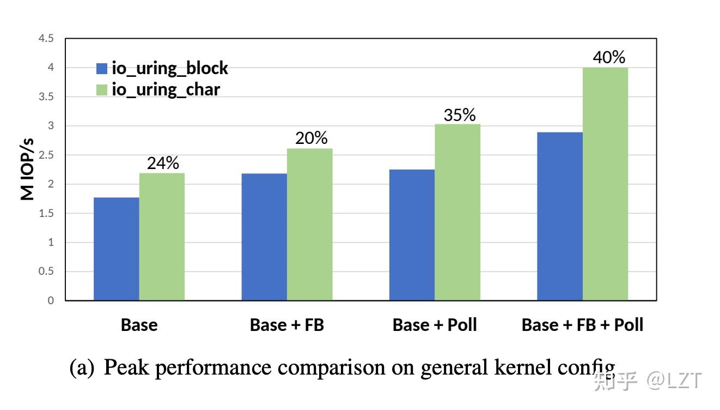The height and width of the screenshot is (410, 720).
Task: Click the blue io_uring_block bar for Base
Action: pos(116,249)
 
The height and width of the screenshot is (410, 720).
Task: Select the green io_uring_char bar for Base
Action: pos(162,237)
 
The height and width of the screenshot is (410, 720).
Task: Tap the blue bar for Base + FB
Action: pos(264,237)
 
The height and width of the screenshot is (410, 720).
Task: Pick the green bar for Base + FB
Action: pos(309,224)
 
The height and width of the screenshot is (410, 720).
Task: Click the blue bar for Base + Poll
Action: pos(412,234)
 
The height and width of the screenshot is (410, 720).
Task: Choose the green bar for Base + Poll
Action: pos(457,212)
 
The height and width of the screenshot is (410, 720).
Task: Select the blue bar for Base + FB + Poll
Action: pos(560,216)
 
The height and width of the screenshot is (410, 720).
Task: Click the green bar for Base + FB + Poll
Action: pos(605,184)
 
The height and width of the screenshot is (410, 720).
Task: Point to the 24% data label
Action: pos(163,163)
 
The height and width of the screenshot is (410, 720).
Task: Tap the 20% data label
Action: pos(311,138)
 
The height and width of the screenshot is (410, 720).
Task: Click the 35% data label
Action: pos(459,115)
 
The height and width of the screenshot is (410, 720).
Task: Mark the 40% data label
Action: pos(608,57)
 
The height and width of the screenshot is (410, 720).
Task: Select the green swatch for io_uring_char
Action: pos(102,89)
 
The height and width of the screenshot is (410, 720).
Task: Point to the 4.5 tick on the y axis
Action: pos(47,39)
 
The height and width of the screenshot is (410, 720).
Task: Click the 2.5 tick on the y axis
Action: pos(47,155)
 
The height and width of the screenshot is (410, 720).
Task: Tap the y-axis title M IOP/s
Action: pos(28,169)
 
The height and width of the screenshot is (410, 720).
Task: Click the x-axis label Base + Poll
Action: pos(434,325)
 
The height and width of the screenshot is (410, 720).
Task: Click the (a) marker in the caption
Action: pos(82,368)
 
